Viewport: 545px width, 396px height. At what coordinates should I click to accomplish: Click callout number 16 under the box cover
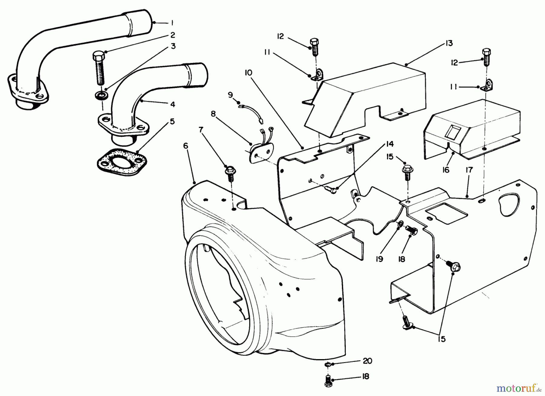point(446,170)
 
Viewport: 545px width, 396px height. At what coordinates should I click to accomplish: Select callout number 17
point(469,170)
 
